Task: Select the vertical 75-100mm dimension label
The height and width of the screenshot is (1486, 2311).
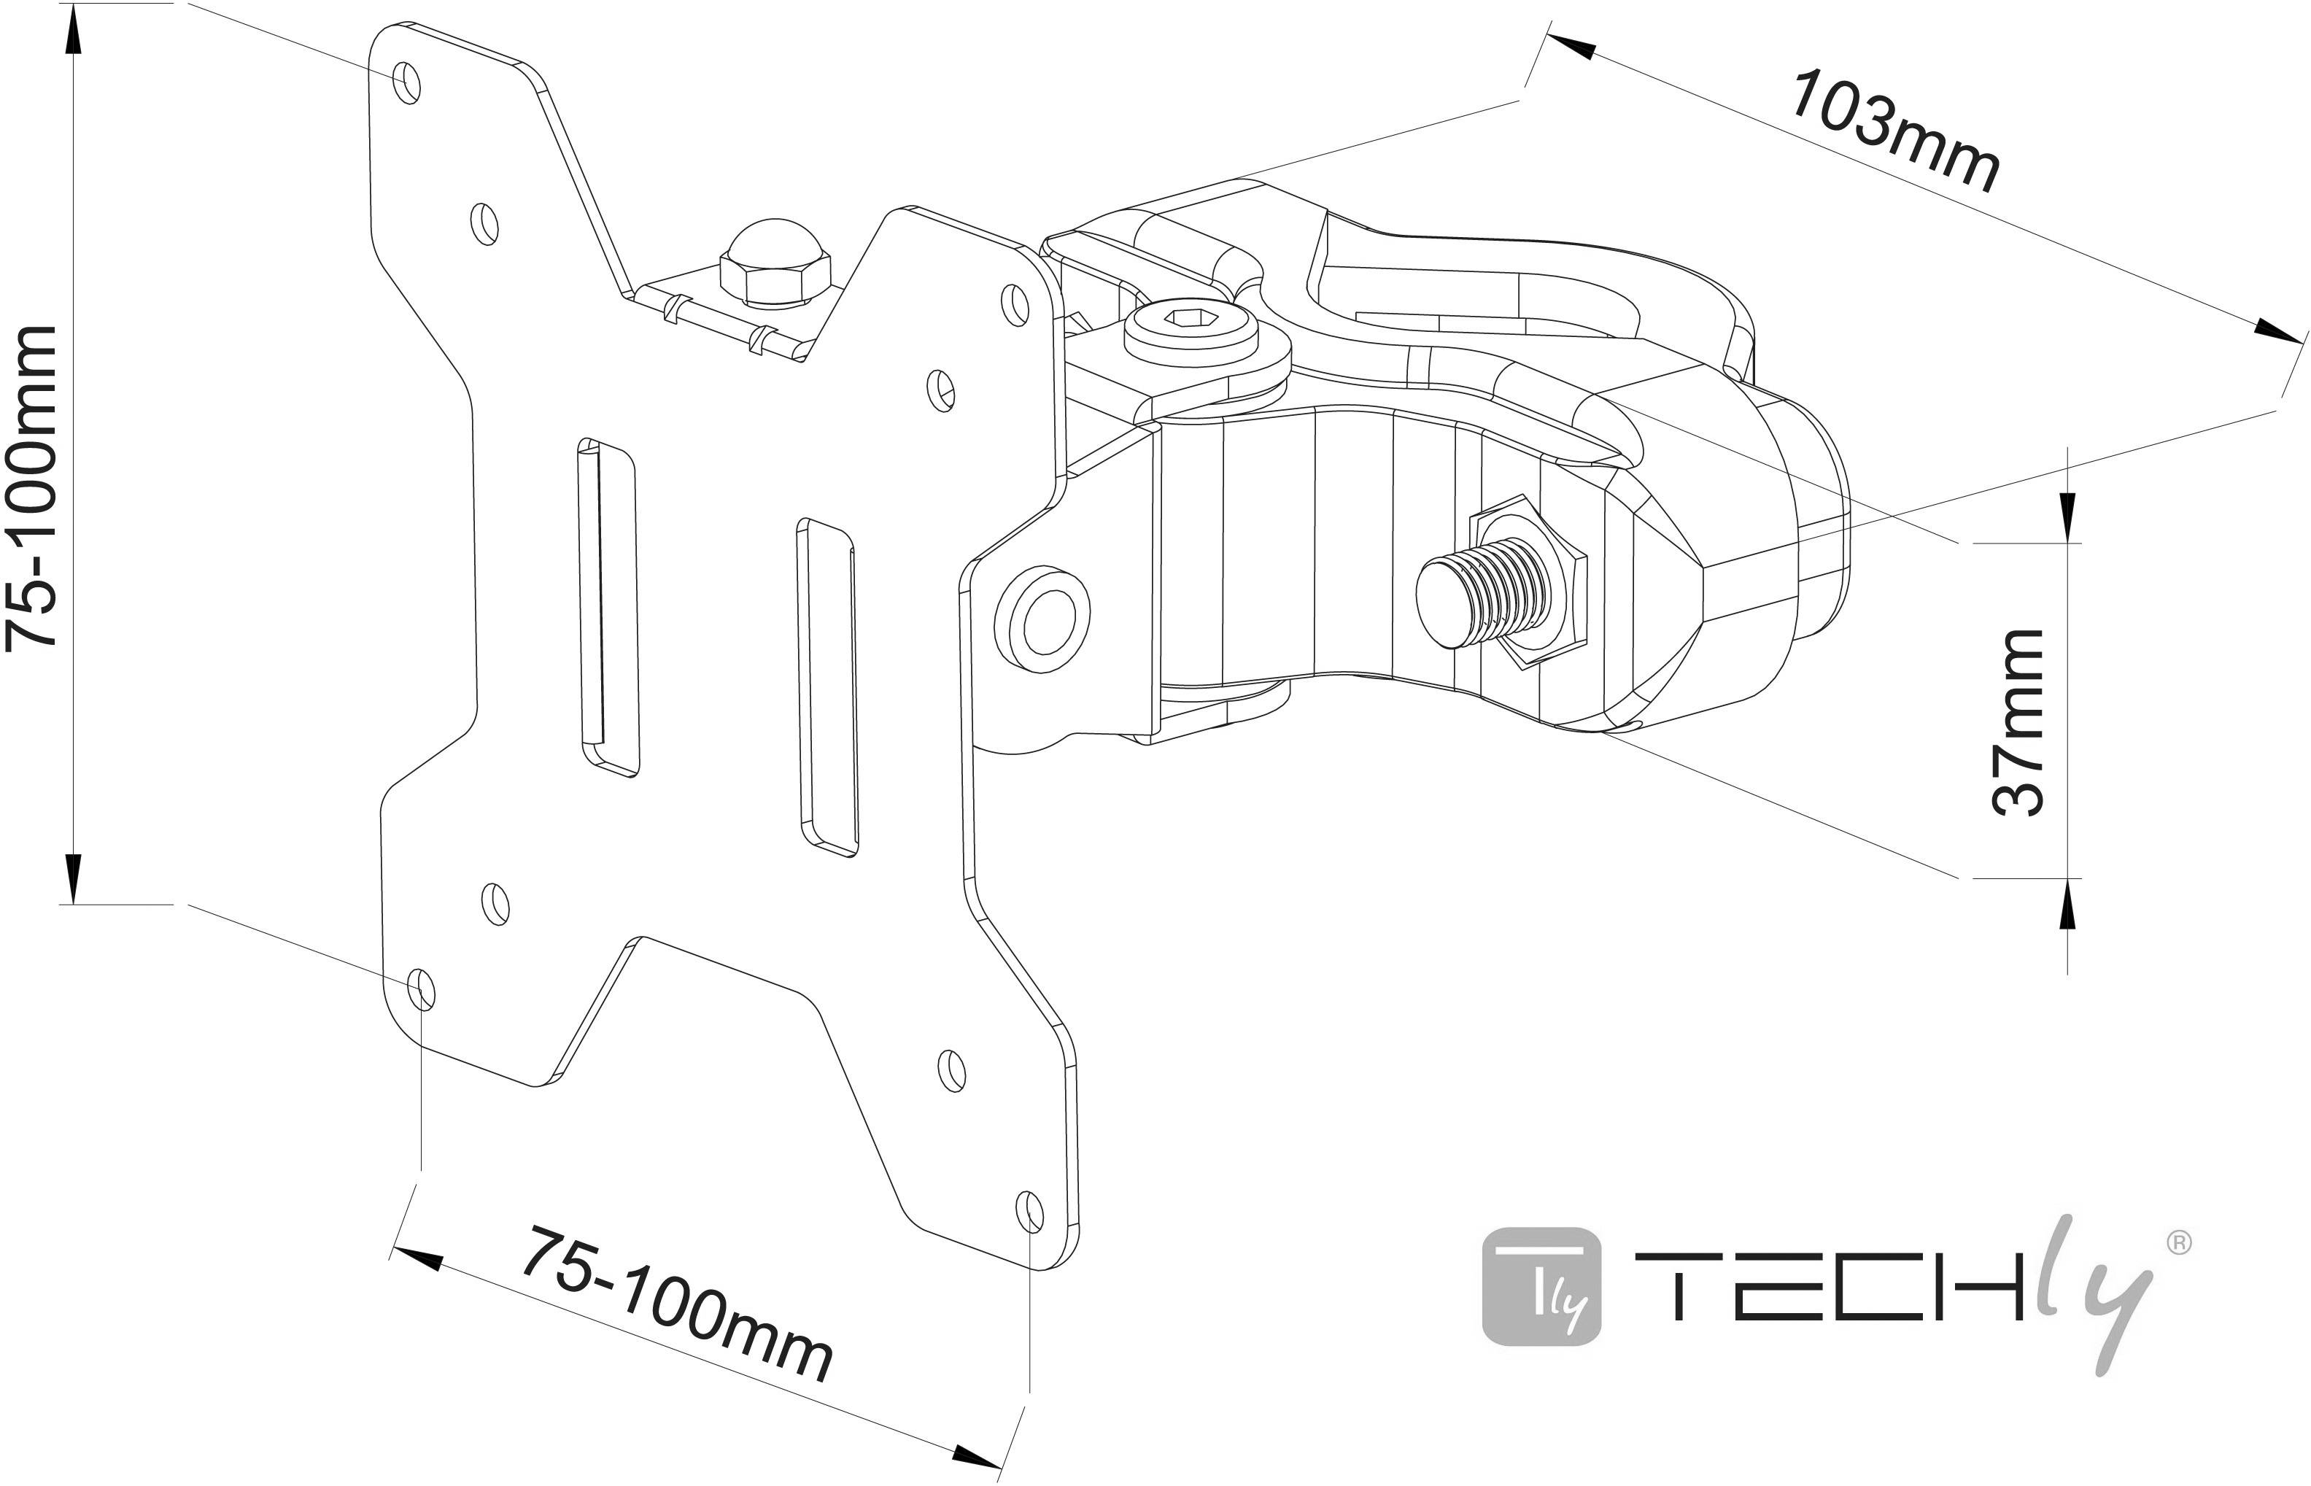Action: [33, 487]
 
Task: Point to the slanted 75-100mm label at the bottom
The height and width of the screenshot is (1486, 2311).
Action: [676, 1304]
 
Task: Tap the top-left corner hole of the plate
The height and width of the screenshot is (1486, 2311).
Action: [407, 83]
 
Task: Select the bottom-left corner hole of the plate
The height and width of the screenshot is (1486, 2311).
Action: [421, 990]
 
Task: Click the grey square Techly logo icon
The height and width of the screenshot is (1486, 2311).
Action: [1541, 1286]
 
